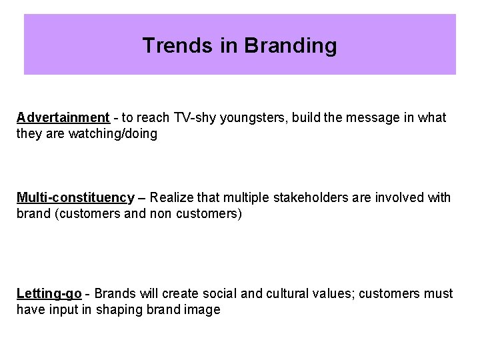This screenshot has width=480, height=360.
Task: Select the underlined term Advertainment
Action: (x=63, y=118)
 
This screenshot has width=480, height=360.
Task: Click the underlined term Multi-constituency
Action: (x=75, y=197)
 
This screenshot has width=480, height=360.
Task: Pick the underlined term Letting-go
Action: (x=49, y=294)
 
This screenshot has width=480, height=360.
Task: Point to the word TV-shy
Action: (x=193, y=118)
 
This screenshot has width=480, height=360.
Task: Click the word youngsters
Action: (x=249, y=118)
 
